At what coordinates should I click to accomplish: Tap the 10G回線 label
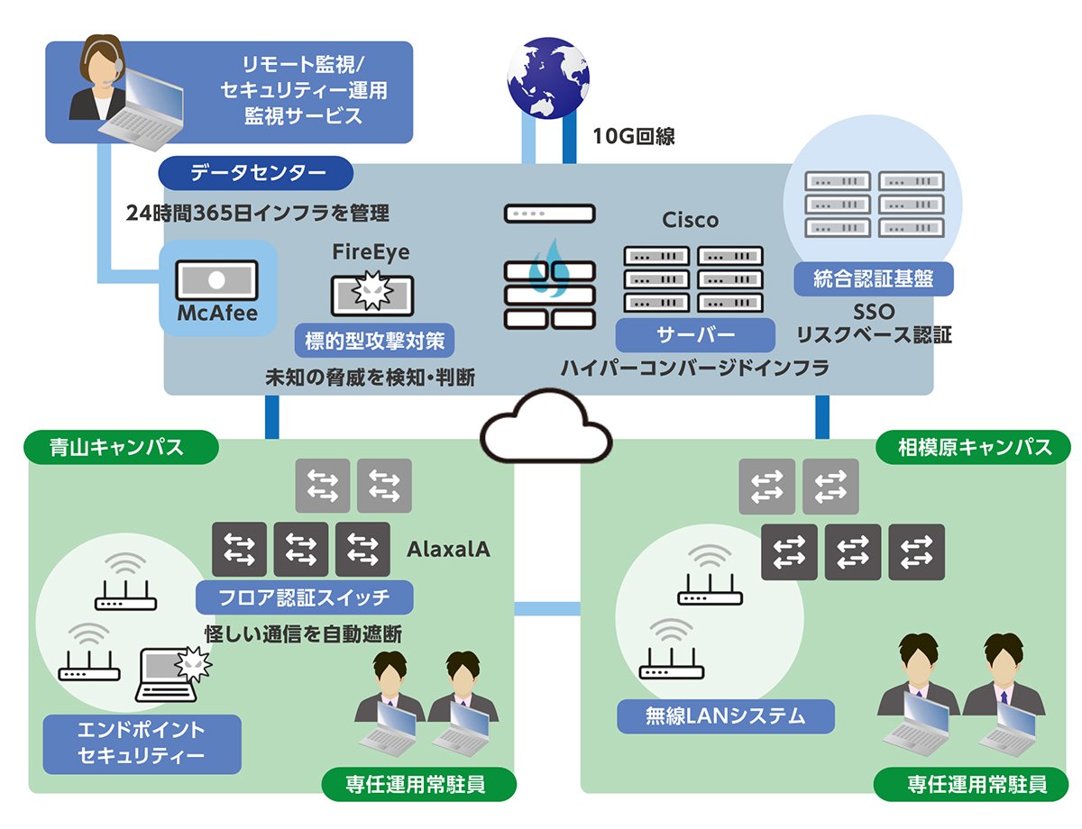tap(633, 137)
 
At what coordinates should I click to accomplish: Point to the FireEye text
tap(371, 252)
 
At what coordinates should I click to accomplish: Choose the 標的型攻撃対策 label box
tap(374, 341)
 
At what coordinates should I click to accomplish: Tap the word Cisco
tap(691, 220)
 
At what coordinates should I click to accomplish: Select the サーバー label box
tap(695, 335)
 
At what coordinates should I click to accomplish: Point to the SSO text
tap(873, 313)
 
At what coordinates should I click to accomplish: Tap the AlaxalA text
tap(448, 549)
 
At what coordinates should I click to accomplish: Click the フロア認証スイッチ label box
tap(305, 597)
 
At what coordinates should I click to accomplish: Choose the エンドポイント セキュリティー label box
tap(142, 743)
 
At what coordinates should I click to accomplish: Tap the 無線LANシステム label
tap(725, 717)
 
